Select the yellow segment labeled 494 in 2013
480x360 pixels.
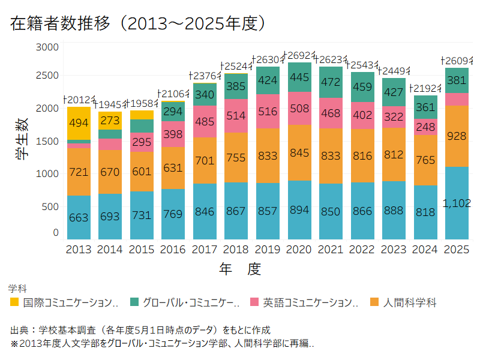[79, 123]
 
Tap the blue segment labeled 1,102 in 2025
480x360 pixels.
[457, 203]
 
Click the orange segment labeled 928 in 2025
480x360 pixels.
[457, 136]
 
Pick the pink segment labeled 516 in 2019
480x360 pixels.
[268, 112]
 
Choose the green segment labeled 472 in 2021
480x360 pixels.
[331, 82]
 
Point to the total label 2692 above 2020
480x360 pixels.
[299, 56]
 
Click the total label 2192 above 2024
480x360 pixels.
[425, 89]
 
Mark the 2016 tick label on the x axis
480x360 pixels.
[173, 250]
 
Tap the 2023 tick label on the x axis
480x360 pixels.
[394, 250]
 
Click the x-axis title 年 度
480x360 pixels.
[240, 269]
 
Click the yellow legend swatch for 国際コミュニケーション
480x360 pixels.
[14, 302]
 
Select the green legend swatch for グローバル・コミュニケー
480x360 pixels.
[134, 302]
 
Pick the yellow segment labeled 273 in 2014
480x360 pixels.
[110, 120]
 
